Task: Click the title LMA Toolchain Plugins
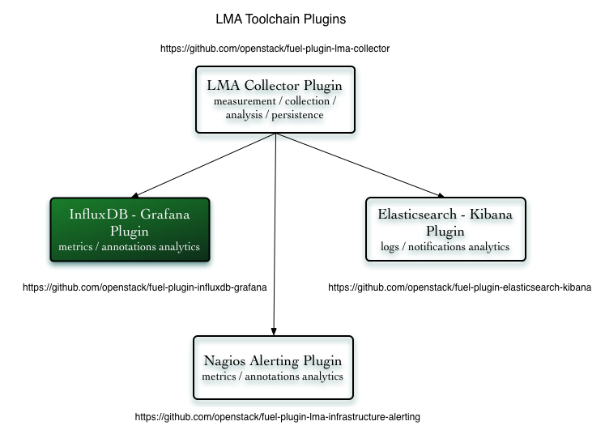(275, 18)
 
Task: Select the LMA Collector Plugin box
(275, 100)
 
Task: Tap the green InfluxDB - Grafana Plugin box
(130, 230)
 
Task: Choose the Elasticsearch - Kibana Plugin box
(445, 230)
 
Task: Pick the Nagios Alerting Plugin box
(273, 368)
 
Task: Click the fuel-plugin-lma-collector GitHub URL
(275, 49)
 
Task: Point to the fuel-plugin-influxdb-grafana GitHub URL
(145, 287)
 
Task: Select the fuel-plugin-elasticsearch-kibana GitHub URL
(459, 287)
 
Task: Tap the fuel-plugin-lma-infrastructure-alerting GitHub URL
(277, 417)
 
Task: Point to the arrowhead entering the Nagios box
(274, 330)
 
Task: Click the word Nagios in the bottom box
(226, 361)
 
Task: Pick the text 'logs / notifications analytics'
(445, 247)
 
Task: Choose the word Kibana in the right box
(490, 215)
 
